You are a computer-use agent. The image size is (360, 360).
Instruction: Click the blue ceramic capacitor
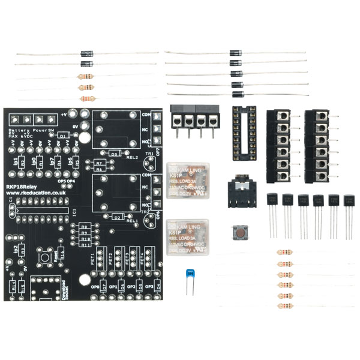pyautogui.click(x=191, y=275)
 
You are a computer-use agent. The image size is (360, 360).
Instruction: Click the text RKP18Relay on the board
pyautogui.click(x=22, y=187)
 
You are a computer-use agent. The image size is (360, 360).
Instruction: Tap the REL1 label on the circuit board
pyautogui.click(x=132, y=221)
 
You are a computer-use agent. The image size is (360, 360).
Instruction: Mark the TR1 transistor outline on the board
pyautogui.click(x=144, y=212)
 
